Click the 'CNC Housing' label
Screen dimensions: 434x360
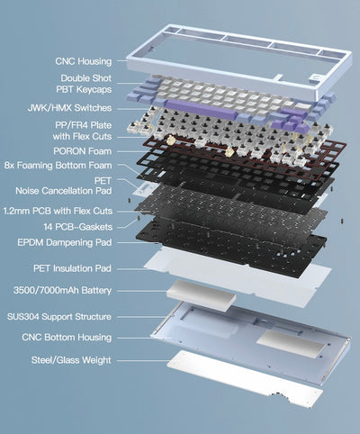(x=82, y=61)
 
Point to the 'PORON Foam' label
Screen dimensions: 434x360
(x=82, y=151)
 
